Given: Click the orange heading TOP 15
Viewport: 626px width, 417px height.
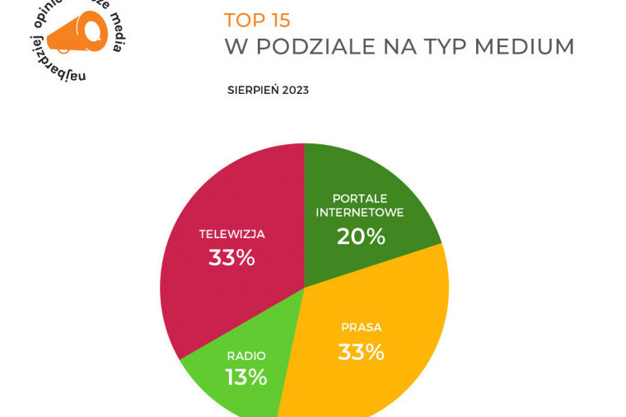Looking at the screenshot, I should [257, 20].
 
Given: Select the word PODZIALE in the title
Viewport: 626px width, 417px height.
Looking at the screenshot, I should [315, 47].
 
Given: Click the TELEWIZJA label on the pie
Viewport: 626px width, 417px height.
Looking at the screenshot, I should [231, 234].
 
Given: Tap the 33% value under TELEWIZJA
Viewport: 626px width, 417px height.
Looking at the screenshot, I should [231, 258].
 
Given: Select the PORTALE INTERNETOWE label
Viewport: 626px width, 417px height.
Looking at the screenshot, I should [367, 205].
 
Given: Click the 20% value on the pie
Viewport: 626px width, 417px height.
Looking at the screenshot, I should [361, 237].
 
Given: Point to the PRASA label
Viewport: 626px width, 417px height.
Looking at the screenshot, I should [361, 327].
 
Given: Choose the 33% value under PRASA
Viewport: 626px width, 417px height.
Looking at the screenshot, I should [361, 352].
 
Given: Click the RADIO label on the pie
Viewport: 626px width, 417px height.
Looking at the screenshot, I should [246, 356].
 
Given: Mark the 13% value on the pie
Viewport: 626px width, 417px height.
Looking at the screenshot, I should [246, 377].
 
